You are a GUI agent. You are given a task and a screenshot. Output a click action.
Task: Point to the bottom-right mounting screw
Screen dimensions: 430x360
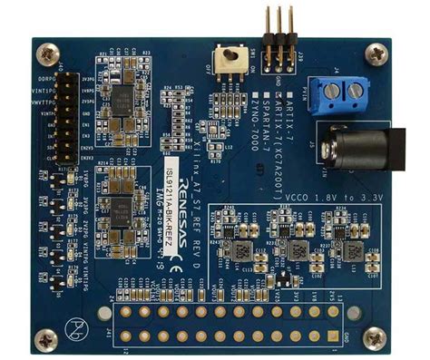pos(375,340)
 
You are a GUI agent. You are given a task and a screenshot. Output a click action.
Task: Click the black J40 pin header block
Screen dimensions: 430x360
pos(69,115)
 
